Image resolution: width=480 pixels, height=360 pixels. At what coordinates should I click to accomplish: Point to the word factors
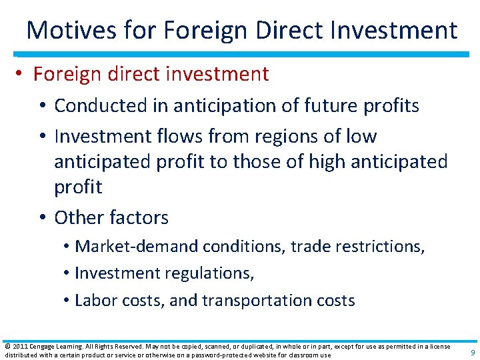click(137, 217)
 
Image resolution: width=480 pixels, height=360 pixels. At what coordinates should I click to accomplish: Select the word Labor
click(95, 301)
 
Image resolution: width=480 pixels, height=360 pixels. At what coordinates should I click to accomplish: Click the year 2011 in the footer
click(19, 346)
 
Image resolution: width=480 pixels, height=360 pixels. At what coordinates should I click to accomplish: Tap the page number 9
click(472, 352)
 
